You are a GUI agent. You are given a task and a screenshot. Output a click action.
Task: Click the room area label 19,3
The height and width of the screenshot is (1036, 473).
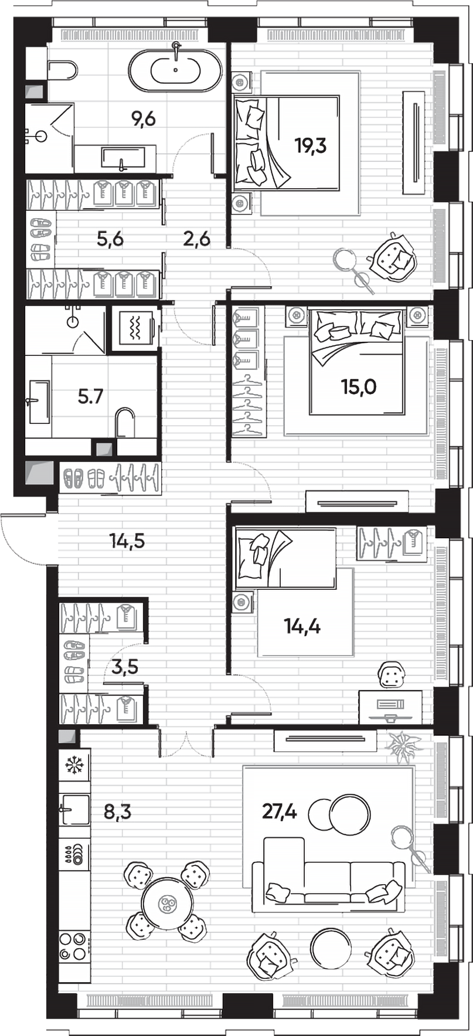coord(311,145)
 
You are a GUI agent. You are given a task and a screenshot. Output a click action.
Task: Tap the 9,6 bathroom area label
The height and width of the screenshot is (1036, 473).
coord(143,119)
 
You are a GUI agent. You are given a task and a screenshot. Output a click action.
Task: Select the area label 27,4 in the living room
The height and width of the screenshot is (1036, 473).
coord(279,812)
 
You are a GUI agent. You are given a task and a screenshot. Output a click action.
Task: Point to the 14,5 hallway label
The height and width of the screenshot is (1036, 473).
coord(127,541)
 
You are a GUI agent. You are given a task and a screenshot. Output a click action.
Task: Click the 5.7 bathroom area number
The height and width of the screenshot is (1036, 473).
coord(90,396)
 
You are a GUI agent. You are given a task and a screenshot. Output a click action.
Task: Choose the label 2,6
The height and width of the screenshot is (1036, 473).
coord(196,239)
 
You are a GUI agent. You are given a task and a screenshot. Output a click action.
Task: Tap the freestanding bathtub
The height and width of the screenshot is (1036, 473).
coord(175,71)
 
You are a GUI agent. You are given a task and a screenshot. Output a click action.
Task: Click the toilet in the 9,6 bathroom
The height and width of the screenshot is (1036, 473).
coord(62,71)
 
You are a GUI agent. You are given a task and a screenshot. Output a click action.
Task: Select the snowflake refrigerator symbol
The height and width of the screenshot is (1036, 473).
coord(74,765)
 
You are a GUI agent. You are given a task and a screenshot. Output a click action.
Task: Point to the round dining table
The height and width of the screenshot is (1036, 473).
coord(167,903)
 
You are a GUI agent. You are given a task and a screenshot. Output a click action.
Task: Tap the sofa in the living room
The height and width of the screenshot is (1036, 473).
coord(328,879)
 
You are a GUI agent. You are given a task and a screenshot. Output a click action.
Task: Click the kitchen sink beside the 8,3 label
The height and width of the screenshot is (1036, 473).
coord(74,810)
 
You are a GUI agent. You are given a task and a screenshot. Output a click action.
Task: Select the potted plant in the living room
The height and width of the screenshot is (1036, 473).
coord(404,746)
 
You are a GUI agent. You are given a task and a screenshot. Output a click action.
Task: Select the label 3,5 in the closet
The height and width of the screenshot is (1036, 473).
coord(124,667)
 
